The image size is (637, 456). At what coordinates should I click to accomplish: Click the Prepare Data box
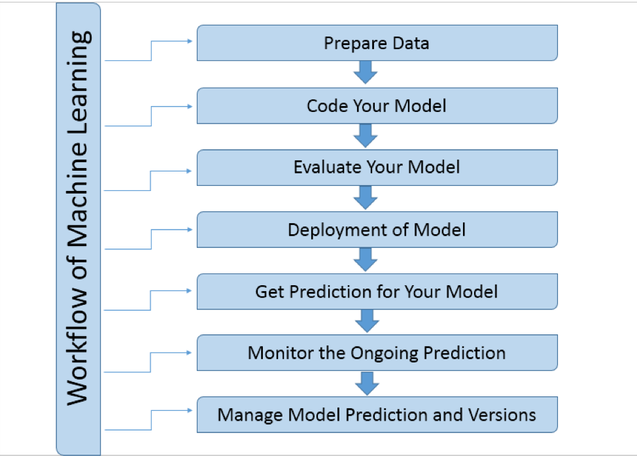pos(377,43)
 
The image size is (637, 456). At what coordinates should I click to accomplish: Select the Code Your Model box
pos(377,105)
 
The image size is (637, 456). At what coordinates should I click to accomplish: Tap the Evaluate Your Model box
pos(377,167)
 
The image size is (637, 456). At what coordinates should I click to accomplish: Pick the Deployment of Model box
pos(377,229)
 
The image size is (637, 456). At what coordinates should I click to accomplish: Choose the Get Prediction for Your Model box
pos(377,291)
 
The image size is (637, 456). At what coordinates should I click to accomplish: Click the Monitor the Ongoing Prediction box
pos(377,353)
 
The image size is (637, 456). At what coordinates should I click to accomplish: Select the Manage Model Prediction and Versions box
pos(377,415)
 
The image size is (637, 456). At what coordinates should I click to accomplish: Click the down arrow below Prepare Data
pos(366,73)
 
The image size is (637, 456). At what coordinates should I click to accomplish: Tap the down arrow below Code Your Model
pos(366,135)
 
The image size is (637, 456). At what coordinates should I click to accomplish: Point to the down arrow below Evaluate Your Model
pos(366,197)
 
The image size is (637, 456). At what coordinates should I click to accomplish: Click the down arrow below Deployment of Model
pos(366,259)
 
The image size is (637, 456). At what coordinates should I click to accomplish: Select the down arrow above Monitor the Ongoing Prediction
pos(366,321)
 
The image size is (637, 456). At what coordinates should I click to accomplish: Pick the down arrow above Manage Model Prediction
pos(366,383)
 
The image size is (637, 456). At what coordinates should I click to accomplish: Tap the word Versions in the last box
pos(502,415)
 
